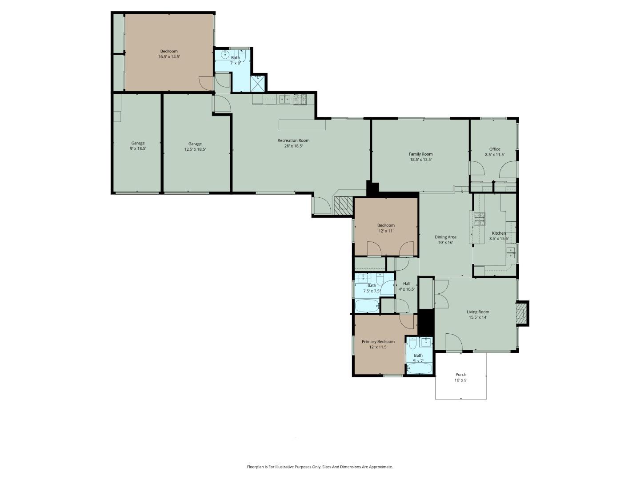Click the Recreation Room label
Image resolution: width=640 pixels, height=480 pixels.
coord(293,140)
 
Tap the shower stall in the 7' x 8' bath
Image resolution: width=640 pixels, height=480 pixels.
coord(258,84)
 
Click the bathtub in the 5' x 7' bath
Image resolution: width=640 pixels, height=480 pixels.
coord(419,368)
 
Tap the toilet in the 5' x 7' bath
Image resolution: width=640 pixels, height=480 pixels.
coord(412,344)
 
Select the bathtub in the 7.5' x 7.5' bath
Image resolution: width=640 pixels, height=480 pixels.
coord(367,306)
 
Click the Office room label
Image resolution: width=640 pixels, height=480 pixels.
coord(495,149)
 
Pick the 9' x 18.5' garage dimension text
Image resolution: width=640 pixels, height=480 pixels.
coord(138,149)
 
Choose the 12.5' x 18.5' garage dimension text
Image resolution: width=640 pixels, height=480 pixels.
coord(195,150)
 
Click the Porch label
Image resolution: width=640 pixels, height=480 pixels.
coord(461,375)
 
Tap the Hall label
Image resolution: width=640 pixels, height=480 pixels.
coord(407,284)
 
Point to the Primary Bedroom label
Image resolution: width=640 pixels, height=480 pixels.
coord(378,342)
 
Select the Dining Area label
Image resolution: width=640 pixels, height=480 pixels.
coord(445,237)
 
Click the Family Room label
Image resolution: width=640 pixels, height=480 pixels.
coord(420,154)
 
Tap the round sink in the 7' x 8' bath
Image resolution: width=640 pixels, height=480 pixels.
coord(225,56)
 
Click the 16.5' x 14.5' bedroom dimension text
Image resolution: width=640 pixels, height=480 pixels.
coord(169,57)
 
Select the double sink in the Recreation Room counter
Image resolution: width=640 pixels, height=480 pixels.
coord(285,99)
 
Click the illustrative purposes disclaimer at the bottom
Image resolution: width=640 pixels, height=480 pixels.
coord(320,467)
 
